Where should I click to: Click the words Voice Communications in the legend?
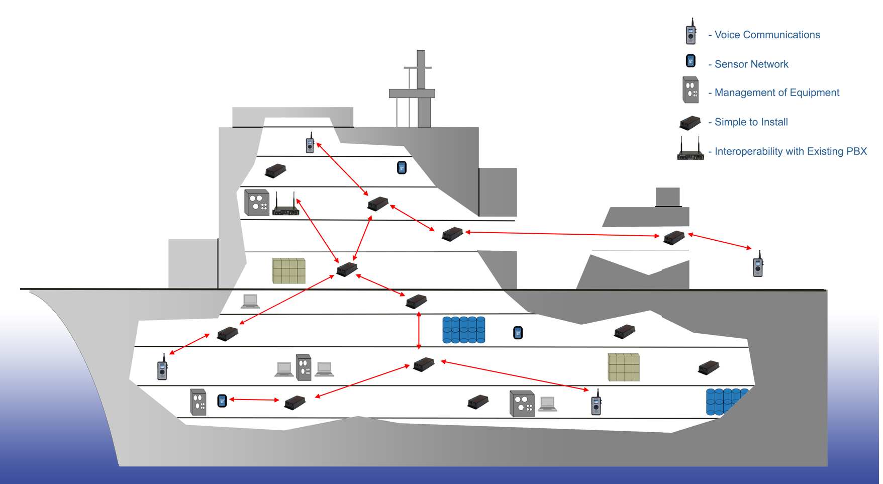point(767,35)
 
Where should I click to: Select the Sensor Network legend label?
point(751,64)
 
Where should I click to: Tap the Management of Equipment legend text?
point(776,92)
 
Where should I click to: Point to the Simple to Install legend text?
point(751,122)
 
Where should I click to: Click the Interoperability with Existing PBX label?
point(791,151)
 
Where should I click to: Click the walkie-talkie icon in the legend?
point(691,32)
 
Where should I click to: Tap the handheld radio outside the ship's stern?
point(758,264)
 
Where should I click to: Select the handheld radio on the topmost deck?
point(310,143)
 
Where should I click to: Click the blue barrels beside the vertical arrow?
point(463,330)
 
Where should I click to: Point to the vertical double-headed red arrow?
point(419,330)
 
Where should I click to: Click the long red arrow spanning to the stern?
point(562,234)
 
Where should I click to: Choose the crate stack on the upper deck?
point(288,271)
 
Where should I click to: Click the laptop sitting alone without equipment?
point(250,301)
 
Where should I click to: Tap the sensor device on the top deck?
point(402,167)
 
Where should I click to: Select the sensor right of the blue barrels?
point(518,333)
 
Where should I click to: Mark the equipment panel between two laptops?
point(304,367)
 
